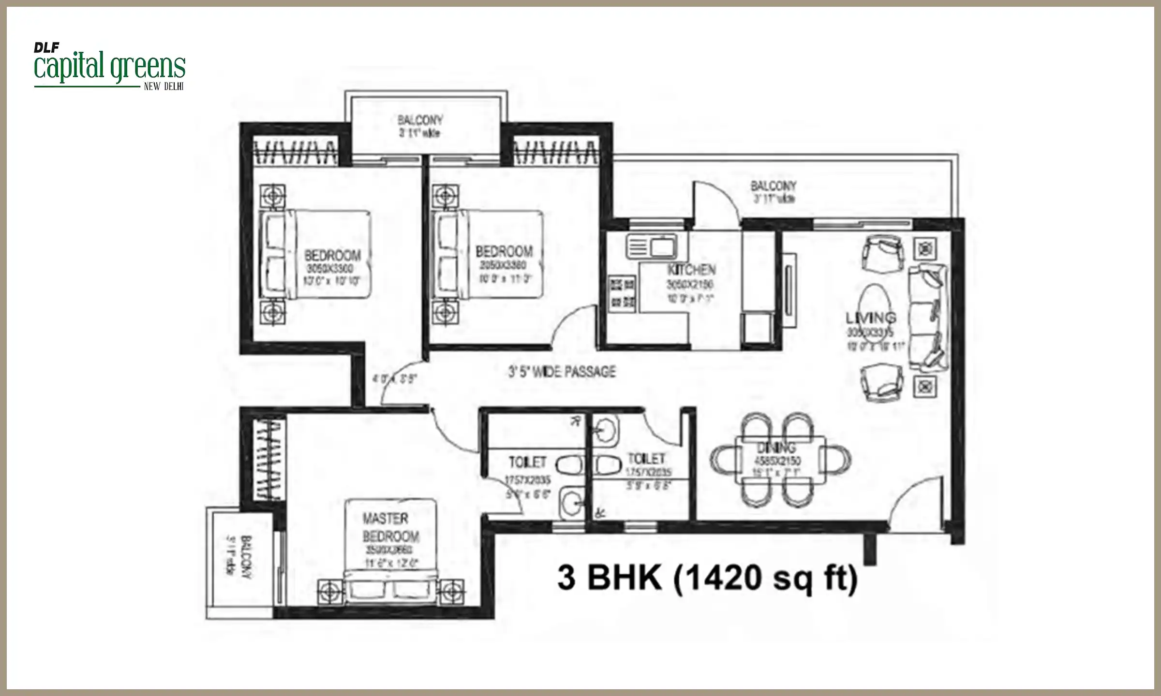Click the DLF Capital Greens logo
(109, 68)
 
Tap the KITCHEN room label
(691, 270)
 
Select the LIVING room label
(871, 318)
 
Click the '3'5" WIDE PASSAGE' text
(562, 371)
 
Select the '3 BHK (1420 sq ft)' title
(707, 578)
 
